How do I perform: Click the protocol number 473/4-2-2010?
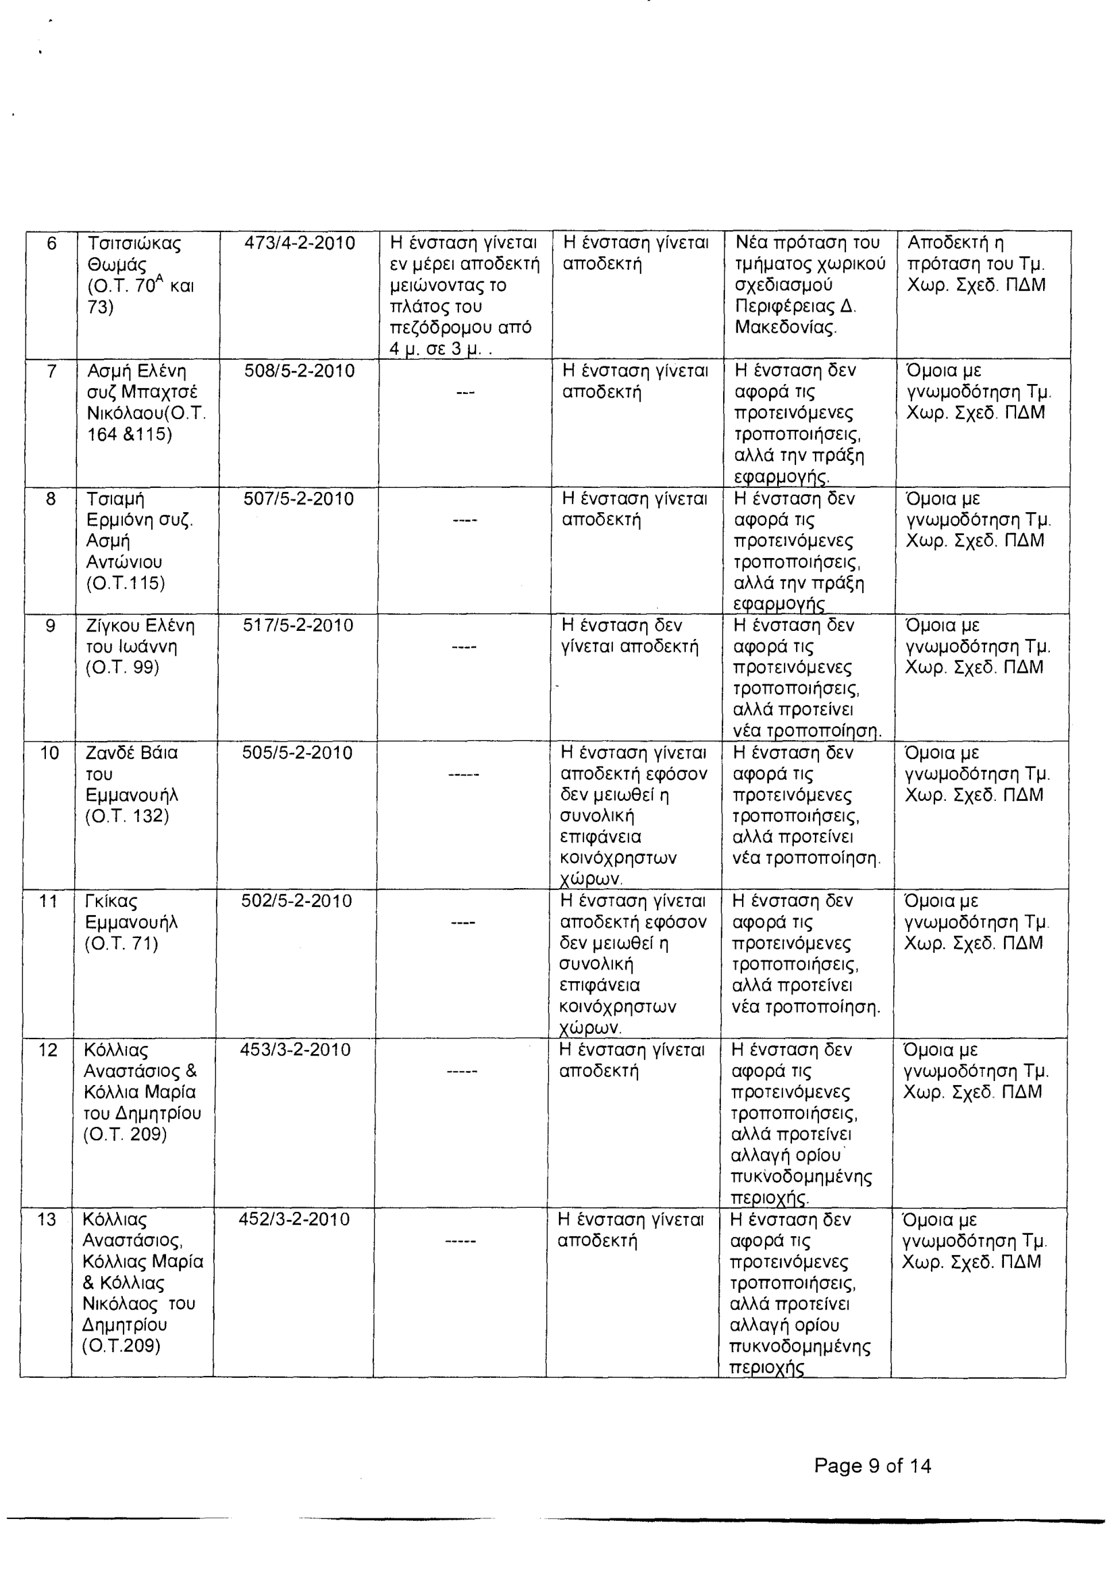coord(300,243)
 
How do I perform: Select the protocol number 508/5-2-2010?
coord(300,372)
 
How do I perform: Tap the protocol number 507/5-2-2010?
coord(299,499)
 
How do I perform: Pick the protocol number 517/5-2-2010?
coord(298,626)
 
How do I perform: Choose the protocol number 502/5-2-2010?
coord(297,901)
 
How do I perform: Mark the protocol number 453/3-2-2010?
coord(296,1050)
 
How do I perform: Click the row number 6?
coord(51,243)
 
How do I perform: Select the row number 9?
coord(50,626)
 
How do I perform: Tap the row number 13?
coord(46,1220)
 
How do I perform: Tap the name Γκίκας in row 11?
coord(111,902)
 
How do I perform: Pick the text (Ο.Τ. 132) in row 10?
coord(127,817)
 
